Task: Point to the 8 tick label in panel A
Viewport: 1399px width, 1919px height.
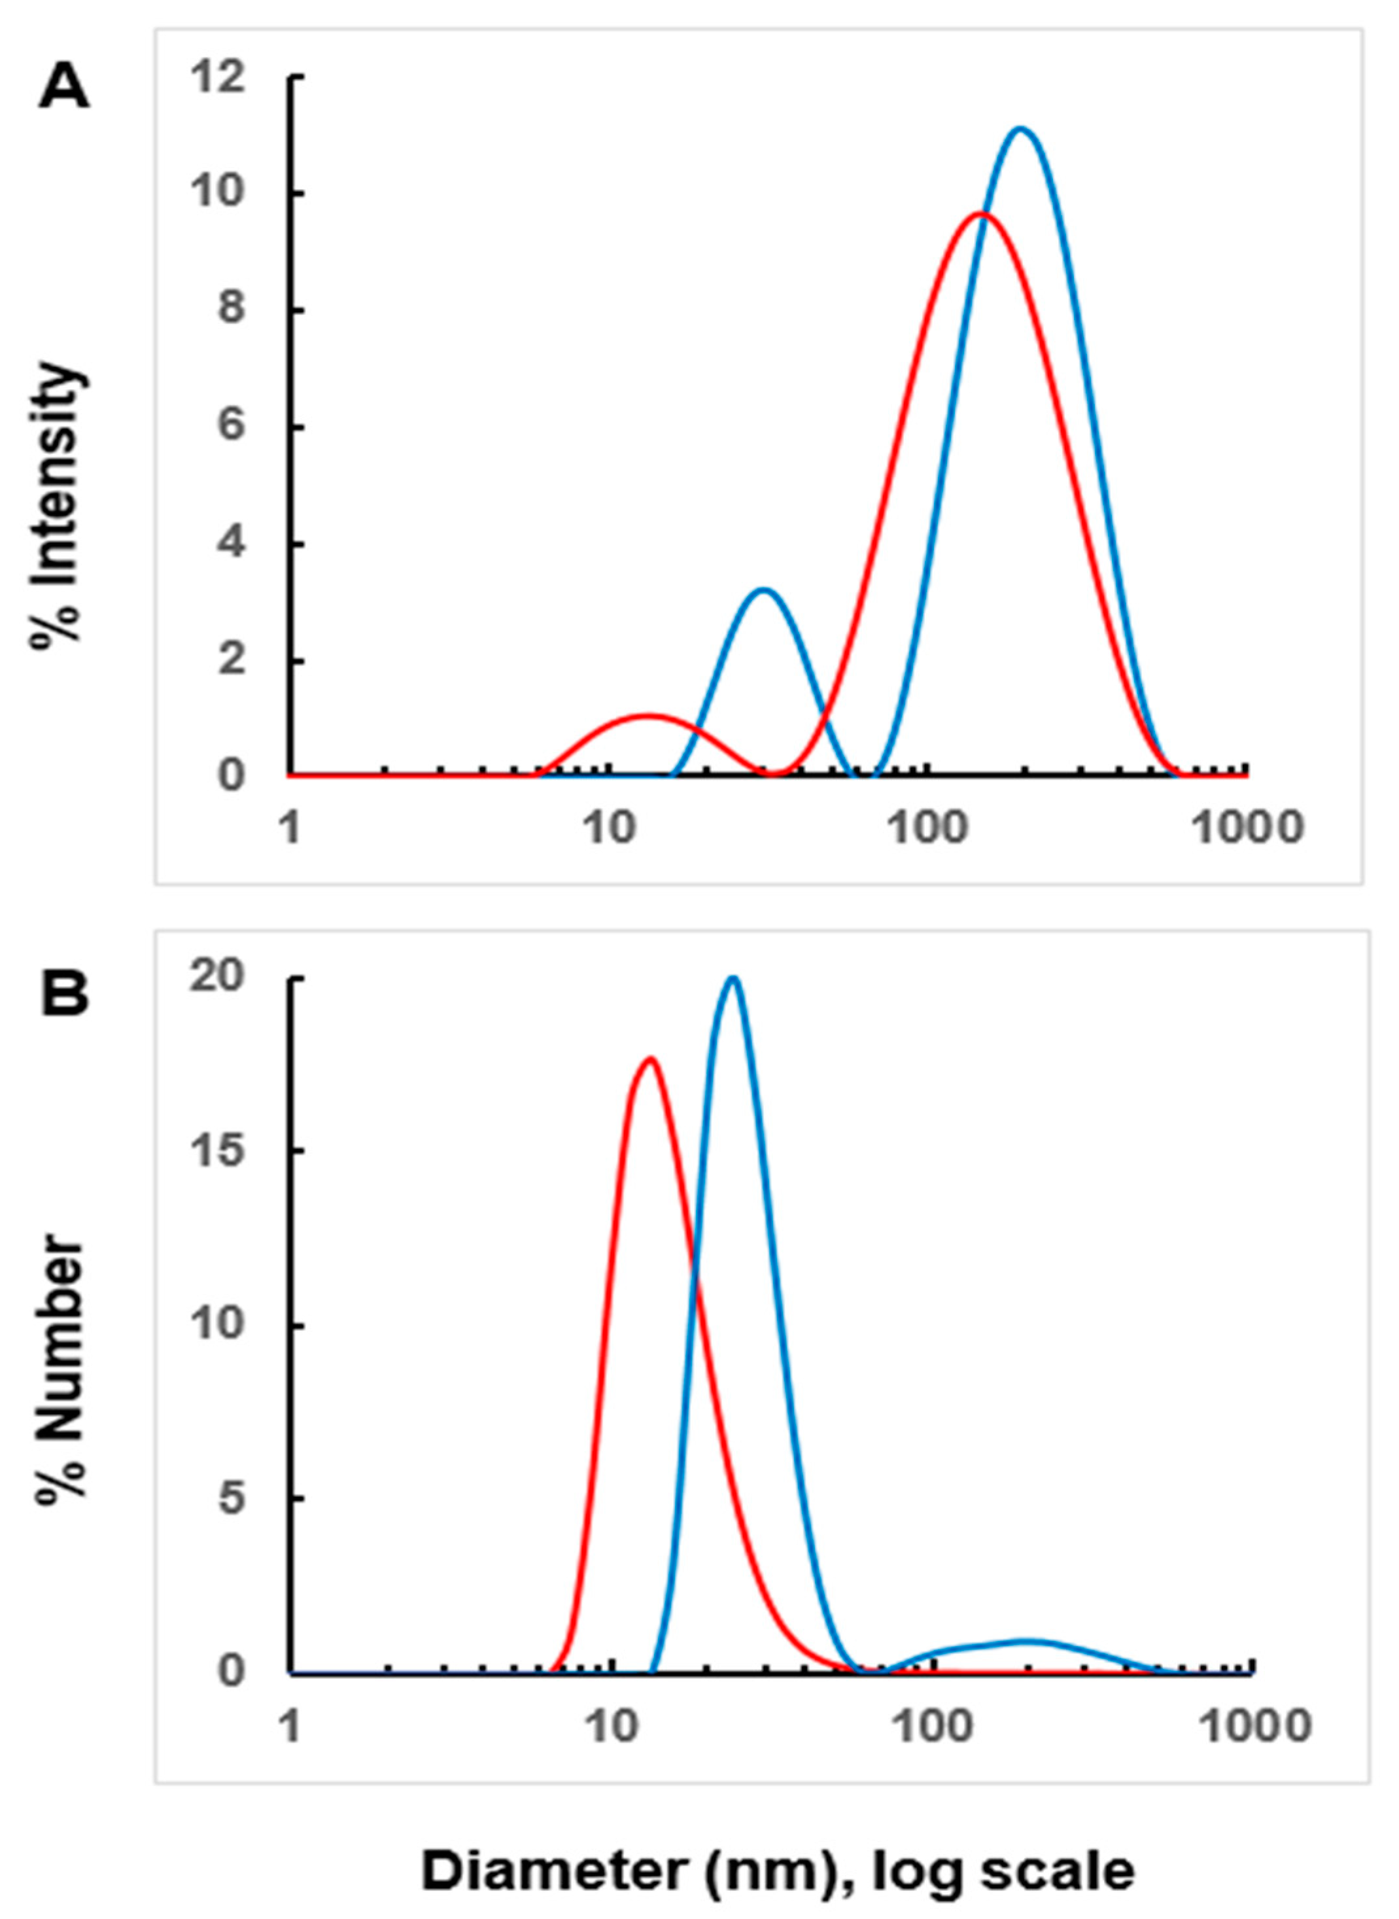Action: [x=230, y=309]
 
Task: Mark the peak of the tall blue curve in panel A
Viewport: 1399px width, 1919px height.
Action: [x=1022, y=129]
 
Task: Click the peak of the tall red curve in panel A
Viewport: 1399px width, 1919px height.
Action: [x=980, y=213]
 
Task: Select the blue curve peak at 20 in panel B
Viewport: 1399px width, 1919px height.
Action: [x=733, y=979]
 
